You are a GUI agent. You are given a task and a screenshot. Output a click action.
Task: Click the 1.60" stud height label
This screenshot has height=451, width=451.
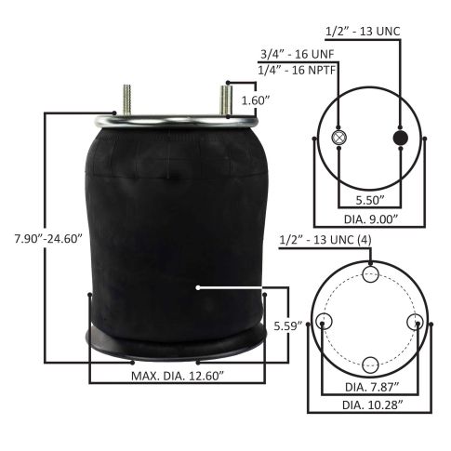[x=256, y=100]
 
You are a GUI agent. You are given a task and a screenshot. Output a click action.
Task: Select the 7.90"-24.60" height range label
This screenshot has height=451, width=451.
[x=48, y=239]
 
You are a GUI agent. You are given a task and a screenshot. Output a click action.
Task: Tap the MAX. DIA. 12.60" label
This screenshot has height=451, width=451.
[x=178, y=376]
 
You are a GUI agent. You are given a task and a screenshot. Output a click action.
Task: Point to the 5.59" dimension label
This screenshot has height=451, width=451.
[x=287, y=325]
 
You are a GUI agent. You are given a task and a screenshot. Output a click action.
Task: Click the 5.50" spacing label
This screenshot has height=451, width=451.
[x=370, y=200]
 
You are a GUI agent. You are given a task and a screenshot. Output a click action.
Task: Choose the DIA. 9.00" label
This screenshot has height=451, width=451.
[x=371, y=219]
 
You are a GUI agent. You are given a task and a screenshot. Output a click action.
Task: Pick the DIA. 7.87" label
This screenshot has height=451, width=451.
[x=372, y=387]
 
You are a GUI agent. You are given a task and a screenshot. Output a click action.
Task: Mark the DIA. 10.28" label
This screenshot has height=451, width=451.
[x=373, y=405]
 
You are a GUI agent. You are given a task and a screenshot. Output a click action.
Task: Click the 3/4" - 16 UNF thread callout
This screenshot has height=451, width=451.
[x=297, y=54]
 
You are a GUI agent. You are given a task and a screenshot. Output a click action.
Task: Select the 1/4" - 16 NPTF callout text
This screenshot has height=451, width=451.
[x=297, y=71]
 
